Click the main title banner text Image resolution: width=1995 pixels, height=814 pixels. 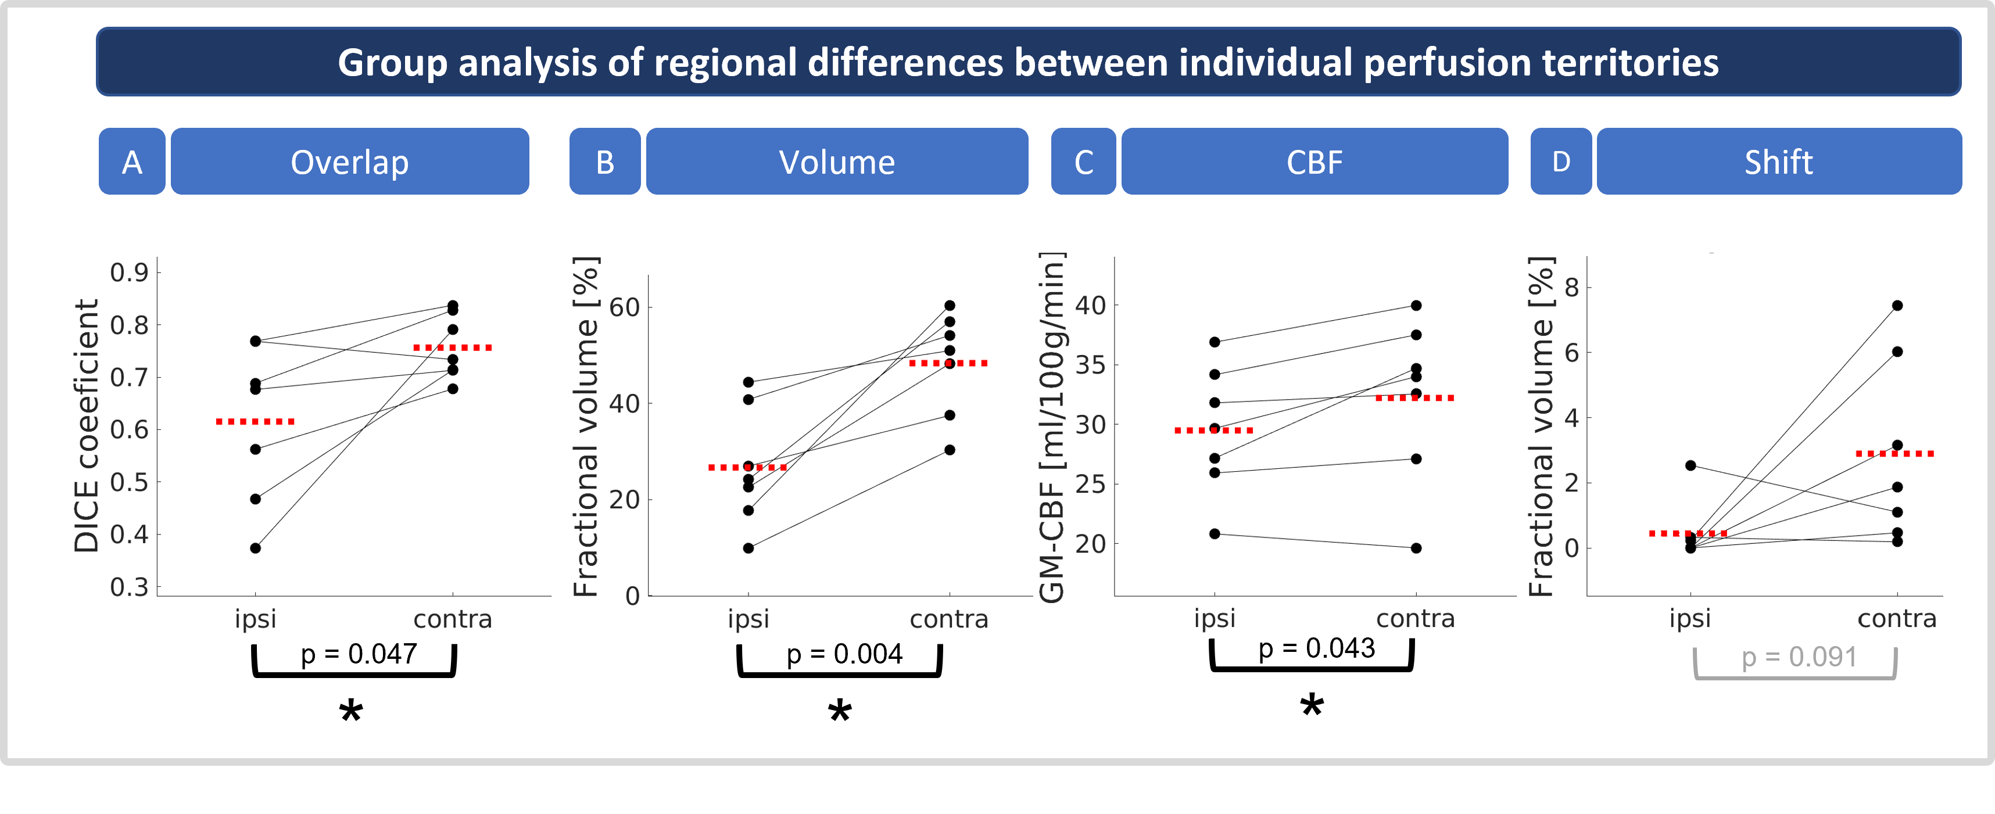click(x=1027, y=63)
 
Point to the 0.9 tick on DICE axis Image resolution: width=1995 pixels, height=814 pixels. click(x=130, y=272)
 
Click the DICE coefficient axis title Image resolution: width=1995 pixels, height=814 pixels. click(x=87, y=426)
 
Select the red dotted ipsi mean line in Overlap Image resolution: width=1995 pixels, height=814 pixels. click(x=256, y=421)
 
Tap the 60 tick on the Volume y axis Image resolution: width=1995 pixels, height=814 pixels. click(x=624, y=307)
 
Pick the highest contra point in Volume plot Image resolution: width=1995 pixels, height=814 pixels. click(x=950, y=305)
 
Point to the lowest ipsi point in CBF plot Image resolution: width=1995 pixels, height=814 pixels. click(x=1215, y=533)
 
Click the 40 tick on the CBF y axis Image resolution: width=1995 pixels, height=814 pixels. click(x=1090, y=305)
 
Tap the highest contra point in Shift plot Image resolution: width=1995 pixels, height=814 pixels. click(x=1897, y=305)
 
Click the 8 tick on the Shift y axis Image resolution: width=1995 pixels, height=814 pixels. click(x=1571, y=288)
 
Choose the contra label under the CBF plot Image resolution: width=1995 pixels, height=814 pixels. click(x=1415, y=619)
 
